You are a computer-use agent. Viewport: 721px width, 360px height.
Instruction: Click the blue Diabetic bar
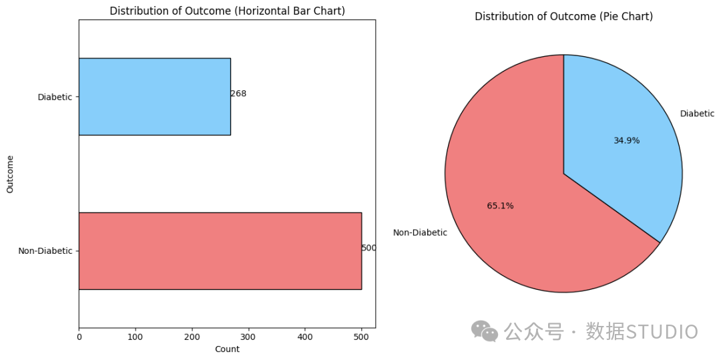point(154,97)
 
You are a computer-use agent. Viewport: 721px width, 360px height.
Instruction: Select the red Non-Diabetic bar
point(220,251)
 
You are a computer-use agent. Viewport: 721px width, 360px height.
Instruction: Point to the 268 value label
point(238,94)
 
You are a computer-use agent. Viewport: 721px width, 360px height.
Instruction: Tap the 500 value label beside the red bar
point(369,248)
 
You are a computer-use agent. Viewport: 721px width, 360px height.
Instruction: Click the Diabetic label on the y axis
point(55,97)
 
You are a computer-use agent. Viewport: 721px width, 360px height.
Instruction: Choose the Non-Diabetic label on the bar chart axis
point(45,251)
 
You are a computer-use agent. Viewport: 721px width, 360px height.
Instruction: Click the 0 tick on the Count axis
point(79,337)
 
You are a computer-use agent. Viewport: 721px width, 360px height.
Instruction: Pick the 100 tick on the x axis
point(135,337)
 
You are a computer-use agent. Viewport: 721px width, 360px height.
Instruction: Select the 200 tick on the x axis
point(192,337)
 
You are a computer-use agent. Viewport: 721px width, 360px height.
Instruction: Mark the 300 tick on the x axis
point(248,337)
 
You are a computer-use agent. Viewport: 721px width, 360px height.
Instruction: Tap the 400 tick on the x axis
point(305,337)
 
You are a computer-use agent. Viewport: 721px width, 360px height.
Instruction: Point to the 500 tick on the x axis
point(361,337)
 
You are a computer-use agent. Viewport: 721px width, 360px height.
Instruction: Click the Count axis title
point(227,349)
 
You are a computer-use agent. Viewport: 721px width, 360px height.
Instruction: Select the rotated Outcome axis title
point(10,174)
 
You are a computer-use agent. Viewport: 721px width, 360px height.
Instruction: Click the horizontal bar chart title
point(227,11)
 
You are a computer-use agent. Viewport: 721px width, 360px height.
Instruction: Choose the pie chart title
point(563,17)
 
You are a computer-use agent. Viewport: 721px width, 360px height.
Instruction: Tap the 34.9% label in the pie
point(626,141)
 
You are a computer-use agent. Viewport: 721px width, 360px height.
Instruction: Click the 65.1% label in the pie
point(500,206)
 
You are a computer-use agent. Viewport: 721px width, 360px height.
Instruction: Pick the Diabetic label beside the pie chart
point(697,114)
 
